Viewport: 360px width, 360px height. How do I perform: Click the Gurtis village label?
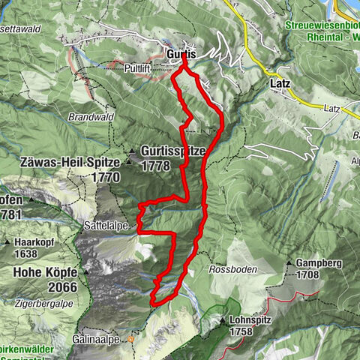179,55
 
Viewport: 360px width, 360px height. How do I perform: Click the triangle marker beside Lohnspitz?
223,321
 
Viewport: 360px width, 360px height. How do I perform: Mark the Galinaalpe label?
99,338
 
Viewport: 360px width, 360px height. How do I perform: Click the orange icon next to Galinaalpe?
130,338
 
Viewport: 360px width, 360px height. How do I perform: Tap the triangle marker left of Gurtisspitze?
133,153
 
